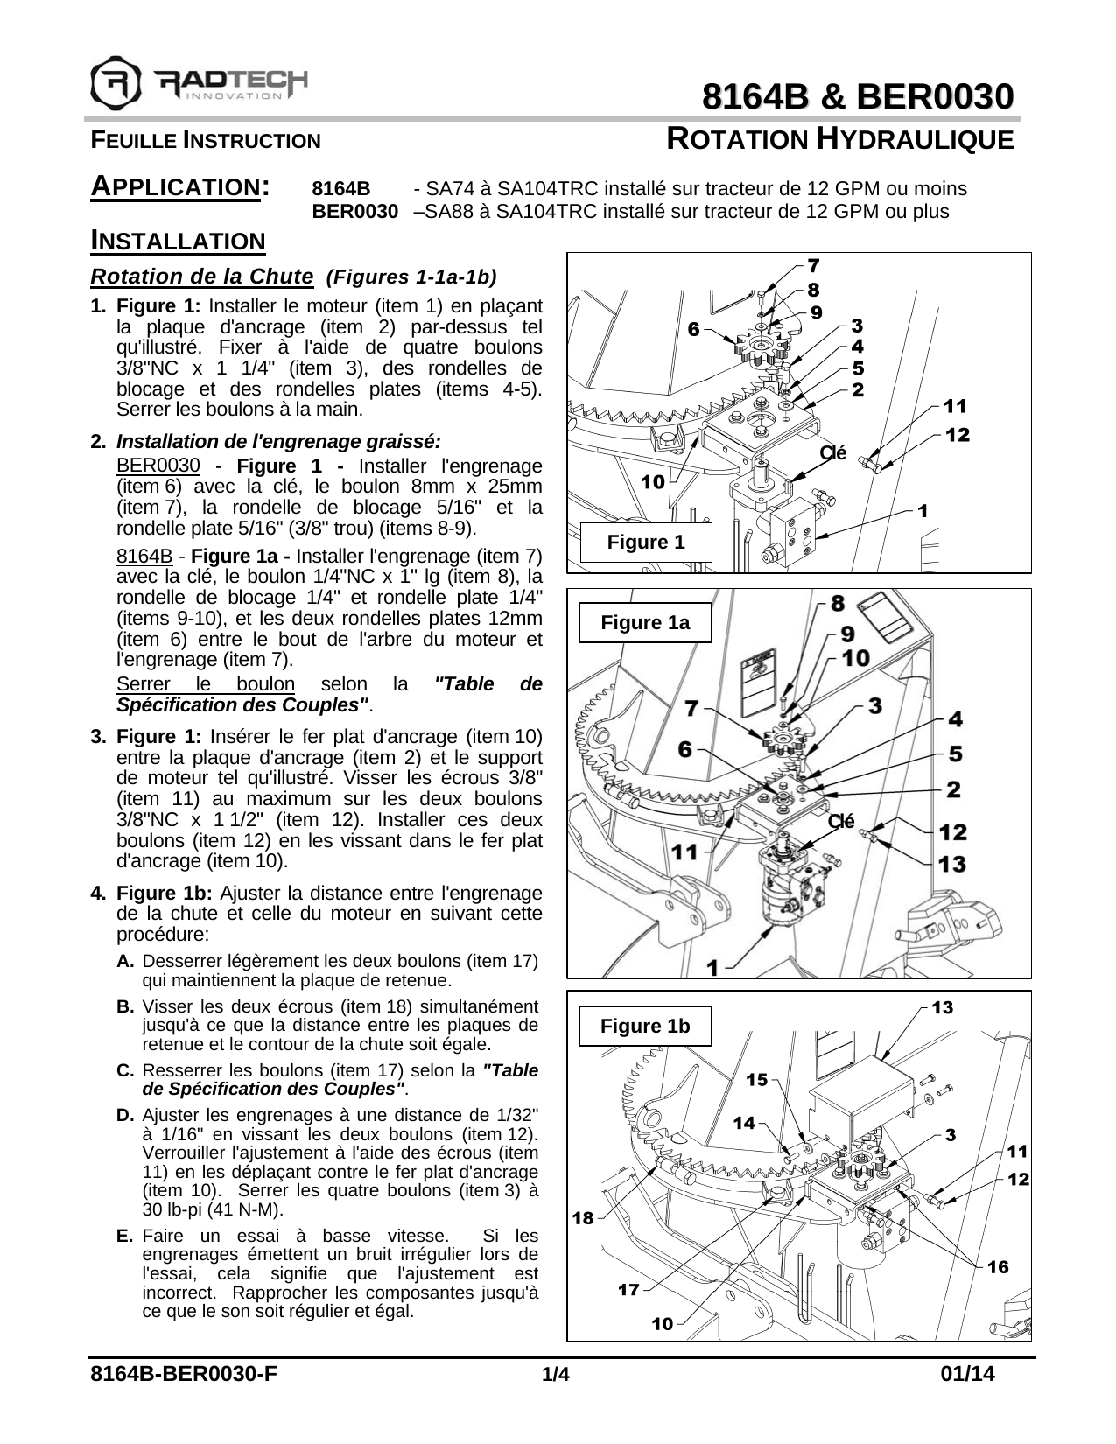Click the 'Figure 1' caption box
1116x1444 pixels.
click(x=646, y=543)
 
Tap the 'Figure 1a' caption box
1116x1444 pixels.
click(x=645, y=623)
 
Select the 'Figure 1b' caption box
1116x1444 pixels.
click(x=645, y=1027)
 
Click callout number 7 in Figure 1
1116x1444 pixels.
click(x=813, y=264)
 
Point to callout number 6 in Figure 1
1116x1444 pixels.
click(x=693, y=330)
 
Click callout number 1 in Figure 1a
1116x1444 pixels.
click(x=713, y=967)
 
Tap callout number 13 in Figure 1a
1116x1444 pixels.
click(x=952, y=865)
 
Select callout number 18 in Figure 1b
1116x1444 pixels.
click(x=583, y=1218)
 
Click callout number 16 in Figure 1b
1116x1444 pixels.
click(x=997, y=1266)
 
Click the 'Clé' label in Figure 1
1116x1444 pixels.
click(x=832, y=452)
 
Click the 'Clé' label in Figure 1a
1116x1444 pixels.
click(x=840, y=821)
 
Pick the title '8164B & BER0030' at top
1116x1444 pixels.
click(x=859, y=96)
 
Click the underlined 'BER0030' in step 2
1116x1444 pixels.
click(x=158, y=466)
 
